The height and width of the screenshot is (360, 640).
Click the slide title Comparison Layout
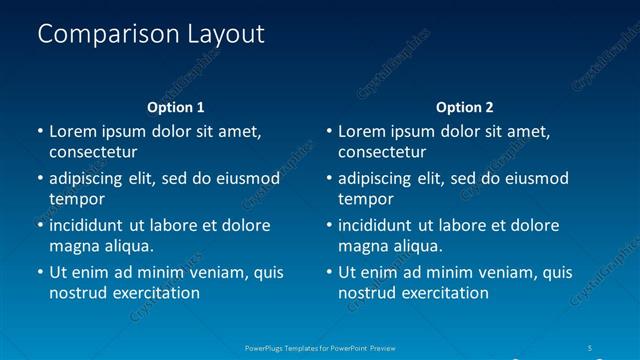[151, 34]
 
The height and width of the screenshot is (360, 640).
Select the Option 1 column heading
[176, 107]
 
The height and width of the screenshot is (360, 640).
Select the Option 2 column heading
[465, 107]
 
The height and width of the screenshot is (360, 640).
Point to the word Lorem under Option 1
[73, 131]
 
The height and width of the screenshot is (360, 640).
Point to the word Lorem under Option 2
[362, 131]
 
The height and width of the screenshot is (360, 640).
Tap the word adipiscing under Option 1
[91, 179]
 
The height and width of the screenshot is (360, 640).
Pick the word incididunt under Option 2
[381, 225]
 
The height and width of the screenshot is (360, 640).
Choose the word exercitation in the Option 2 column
[444, 293]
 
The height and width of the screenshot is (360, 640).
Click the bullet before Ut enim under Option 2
[329, 272]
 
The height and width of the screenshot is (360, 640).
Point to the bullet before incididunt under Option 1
[40, 225]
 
